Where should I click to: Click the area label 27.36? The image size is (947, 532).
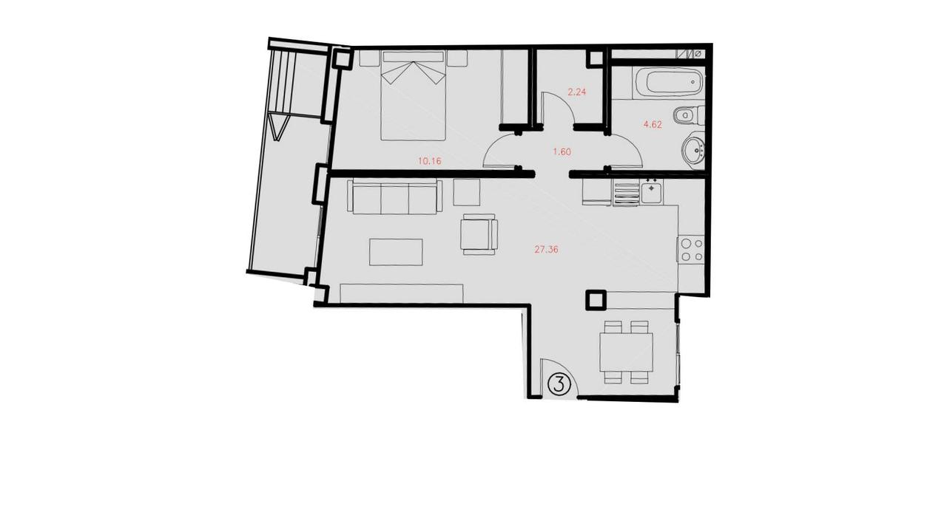click(x=546, y=250)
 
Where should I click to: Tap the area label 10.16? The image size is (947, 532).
click(x=430, y=161)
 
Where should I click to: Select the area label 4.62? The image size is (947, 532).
click(x=653, y=125)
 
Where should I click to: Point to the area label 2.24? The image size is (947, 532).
click(x=576, y=92)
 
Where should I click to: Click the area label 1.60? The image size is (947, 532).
click(x=562, y=151)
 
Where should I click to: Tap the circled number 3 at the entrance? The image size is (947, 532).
click(x=559, y=384)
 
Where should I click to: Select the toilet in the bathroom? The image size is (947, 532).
click(x=688, y=116)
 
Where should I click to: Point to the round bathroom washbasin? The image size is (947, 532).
click(x=693, y=149)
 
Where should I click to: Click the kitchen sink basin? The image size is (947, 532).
click(x=651, y=194)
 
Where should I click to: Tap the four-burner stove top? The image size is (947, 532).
click(x=691, y=250)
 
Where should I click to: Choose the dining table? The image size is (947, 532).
click(x=626, y=352)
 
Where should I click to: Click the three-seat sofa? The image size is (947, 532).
click(x=395, y=197)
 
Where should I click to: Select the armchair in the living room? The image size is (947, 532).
click(x=479, y=234)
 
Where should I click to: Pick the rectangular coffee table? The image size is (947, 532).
click(x=396, y=253)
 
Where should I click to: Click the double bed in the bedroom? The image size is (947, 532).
click(x=413, y=96)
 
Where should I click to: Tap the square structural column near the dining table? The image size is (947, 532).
click(x=596, y=300)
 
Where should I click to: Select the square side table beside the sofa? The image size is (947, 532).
click(x=467, y=192)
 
